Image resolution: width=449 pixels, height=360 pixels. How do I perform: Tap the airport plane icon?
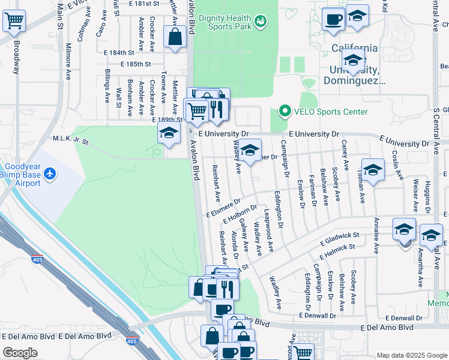point(50,174)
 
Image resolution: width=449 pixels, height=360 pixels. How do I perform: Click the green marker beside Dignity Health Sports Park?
point(261,22)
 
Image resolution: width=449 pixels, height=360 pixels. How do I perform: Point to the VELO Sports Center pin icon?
point(284,112)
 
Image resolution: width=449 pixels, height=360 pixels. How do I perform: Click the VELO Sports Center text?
point(330,112)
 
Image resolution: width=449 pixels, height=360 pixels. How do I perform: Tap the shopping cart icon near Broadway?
point(14,21)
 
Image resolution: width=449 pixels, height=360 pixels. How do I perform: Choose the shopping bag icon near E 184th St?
point(174,38)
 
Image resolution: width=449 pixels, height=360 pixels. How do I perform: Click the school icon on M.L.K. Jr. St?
point(169,133)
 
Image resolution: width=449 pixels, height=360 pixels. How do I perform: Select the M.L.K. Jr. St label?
point(71,142)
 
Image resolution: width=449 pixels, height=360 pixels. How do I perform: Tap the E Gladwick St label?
point(339,239)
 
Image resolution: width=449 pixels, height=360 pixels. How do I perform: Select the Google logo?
point(20,353)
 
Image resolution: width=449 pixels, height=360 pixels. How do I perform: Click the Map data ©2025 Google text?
point(411,355)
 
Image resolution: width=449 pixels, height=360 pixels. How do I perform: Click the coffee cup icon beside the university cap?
point(333,19)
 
